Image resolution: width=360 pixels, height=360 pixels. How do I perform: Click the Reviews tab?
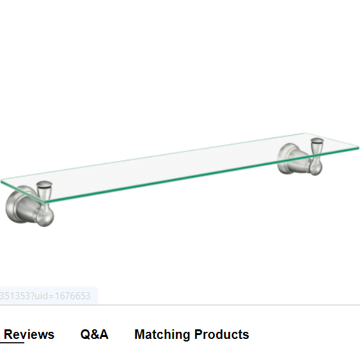click(29, 334)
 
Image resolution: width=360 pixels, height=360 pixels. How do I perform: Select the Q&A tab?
click(95, 334)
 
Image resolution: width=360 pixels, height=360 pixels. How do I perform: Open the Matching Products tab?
click(192, 334)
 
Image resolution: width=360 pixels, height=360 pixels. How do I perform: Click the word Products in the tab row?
click(222, 334)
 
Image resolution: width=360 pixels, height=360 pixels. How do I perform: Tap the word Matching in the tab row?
click(162, 335)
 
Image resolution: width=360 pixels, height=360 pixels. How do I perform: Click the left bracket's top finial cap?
click(44, 184)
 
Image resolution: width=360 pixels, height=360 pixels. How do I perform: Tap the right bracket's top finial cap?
click(317, 141)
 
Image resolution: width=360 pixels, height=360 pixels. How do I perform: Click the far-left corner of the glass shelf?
click(1, 182)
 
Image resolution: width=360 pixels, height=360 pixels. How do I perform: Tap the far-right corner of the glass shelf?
click(358, 148)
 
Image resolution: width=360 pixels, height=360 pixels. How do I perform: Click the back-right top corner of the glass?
click(306, 133)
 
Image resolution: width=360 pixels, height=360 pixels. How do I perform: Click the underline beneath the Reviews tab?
click(12, 343)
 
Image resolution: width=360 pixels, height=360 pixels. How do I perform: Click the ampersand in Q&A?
click(95, 334)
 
